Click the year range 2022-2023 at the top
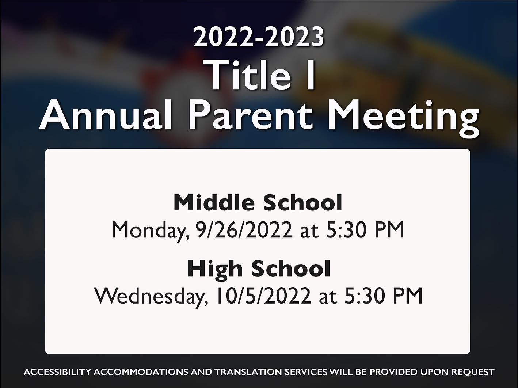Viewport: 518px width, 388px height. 259,38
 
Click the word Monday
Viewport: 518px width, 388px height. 150,231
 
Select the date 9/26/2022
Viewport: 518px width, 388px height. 244,230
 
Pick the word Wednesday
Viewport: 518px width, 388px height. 151,297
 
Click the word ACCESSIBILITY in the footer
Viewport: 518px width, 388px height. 57,372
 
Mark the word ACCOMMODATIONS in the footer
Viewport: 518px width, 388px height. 141,372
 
